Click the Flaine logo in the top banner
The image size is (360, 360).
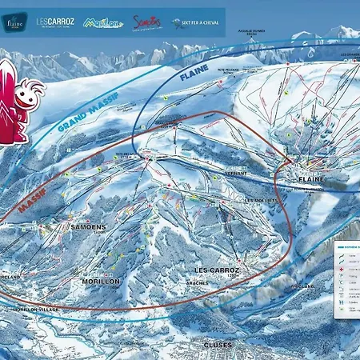[x=14, y=22]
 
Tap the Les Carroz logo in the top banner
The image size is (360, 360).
[x=54, y=22]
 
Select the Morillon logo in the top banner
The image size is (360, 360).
[x=103, y=22]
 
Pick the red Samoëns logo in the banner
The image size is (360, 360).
[x=147, y=22]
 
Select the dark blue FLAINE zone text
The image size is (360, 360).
[x=194, y=81]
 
